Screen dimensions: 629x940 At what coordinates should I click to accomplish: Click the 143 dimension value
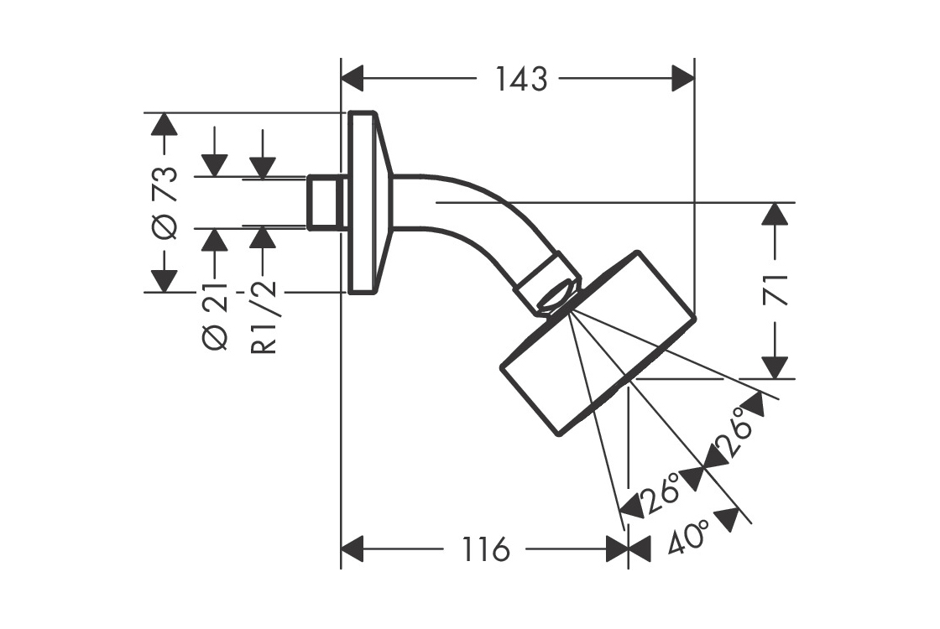coord(520,80)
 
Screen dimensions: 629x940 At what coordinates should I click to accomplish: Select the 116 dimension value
coord(485,551)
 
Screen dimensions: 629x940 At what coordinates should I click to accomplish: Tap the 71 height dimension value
coord(777,289)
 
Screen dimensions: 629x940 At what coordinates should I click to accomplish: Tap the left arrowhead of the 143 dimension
coord(352,80)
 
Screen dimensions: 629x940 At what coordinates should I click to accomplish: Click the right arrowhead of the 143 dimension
coord(683,80)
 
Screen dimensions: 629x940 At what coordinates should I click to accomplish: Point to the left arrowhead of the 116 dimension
coord(352,551)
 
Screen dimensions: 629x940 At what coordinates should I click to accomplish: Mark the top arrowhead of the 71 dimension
coord(777,215)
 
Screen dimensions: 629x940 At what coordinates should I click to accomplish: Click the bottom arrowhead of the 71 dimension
coord(777,367)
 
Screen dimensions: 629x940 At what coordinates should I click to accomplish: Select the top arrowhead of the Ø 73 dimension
coord(165,124)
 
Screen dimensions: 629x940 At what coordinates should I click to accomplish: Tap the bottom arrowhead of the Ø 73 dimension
coord(165,280)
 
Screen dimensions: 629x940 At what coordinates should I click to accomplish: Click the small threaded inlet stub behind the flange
coord(326,202)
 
